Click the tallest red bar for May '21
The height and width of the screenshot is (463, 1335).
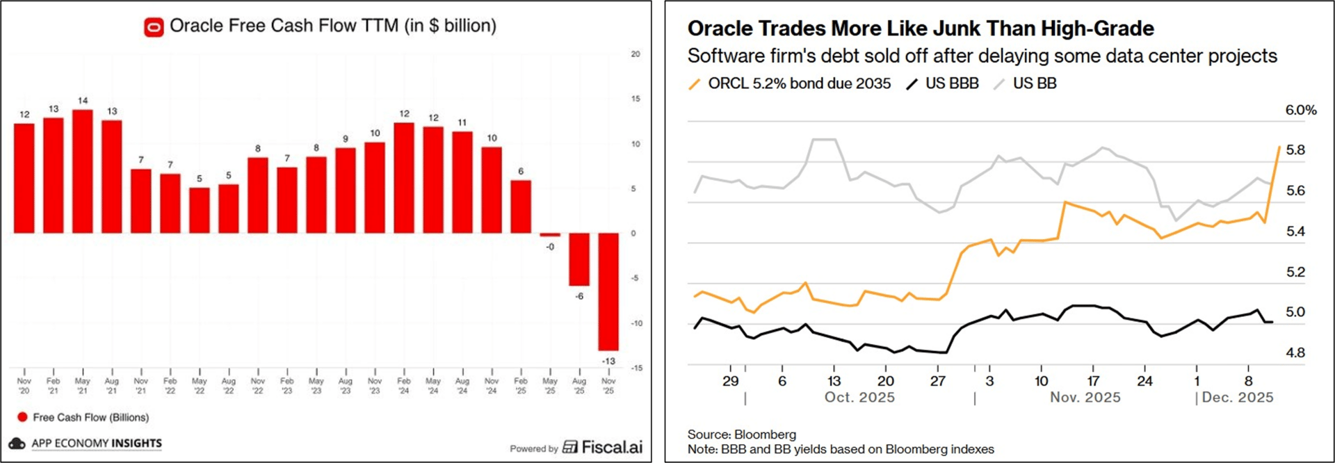pos(83,171)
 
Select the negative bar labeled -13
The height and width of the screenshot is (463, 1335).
pos(608,291)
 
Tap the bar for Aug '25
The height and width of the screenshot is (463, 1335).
pos(579,259)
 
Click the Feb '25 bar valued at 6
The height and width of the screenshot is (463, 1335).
pos(521,206)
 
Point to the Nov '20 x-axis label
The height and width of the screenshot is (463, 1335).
pos(24,386)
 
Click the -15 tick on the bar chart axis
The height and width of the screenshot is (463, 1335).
pos(636,368)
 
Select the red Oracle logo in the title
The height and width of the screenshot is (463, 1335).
pos(154,27)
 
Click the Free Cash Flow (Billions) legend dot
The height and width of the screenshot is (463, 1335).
pos(22,417)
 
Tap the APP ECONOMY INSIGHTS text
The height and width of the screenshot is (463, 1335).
pos(97,443)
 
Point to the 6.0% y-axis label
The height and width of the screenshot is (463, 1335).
pos(1300,110)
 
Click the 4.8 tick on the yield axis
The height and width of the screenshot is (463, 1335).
pos(1295,352)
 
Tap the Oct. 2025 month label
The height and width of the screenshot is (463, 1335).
pos(859,398)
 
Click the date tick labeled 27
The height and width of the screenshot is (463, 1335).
pos(937,381)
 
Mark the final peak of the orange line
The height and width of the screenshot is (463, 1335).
pos(1279,147)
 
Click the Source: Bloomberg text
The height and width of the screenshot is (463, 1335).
pos(741,434)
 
